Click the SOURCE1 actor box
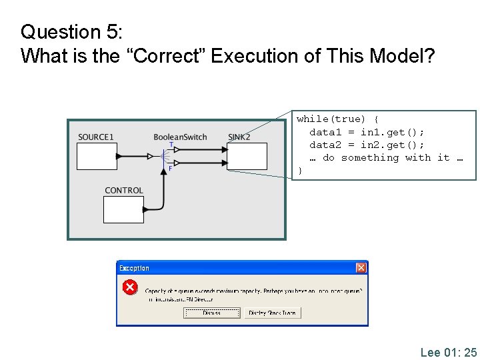[97, 157]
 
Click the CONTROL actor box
[123, 209]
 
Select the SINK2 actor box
[247, 157]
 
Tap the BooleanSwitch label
[180, 137]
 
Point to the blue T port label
[171, 145]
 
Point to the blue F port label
[170, 169]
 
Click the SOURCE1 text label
[96, 137]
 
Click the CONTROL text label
[124, 191]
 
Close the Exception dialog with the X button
[361, 268]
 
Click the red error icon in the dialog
[129, 287]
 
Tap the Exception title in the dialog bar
[134, 268]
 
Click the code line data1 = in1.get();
[367, 132]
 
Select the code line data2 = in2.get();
[367, 145]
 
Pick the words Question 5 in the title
[60, 31]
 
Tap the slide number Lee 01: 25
[448, 351]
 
